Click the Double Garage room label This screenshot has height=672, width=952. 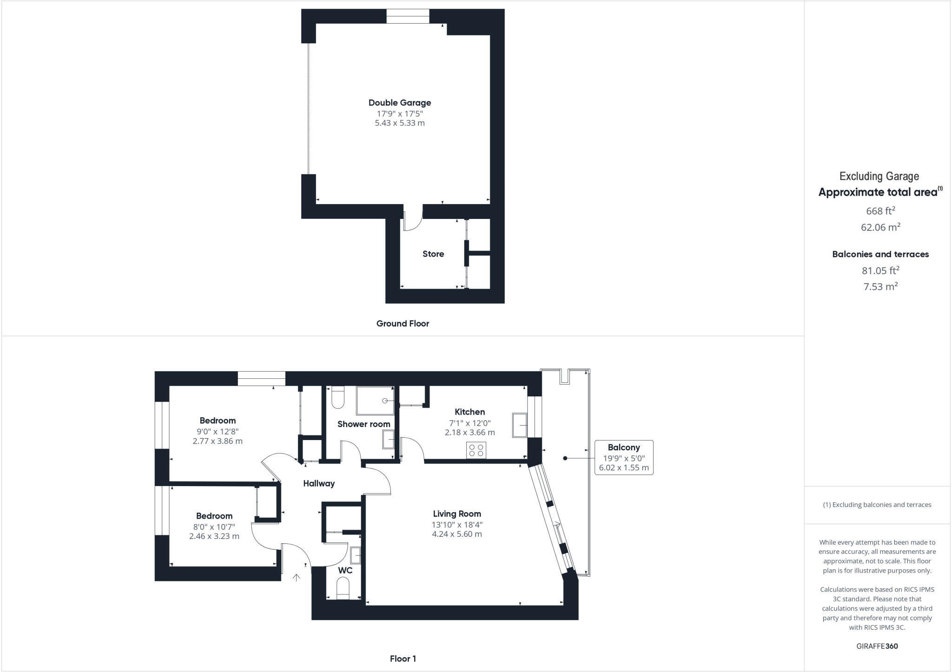(x=400, y=103)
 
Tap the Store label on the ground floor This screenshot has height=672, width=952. (x=433, y=254)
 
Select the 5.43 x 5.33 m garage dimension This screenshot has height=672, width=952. (x=400, y=123)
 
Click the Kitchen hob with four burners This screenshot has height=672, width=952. (x=476, y=450)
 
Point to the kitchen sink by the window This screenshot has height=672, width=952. (x=520, y=425)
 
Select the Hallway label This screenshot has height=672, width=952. (x=319, y=483)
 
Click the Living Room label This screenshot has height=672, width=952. (x=457, y=514)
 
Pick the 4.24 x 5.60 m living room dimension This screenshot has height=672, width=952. (x=457, y=534)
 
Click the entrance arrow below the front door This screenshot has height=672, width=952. (x=296, y=578)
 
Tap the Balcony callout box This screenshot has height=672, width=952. (x=624, y=457)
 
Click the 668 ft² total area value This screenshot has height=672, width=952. (x=880, y=211)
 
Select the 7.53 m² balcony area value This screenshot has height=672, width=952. (x=880, y=286)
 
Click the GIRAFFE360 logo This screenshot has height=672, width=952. (x=877, y=646)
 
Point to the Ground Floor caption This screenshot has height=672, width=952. (x=403, y=323)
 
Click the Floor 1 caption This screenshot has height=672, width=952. (x=403, y=659)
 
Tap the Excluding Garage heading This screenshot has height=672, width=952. (x=879, y=176)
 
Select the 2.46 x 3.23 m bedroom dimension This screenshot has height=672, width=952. (x=214, y=536)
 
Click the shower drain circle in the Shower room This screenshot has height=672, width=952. (x=385, y=401)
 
